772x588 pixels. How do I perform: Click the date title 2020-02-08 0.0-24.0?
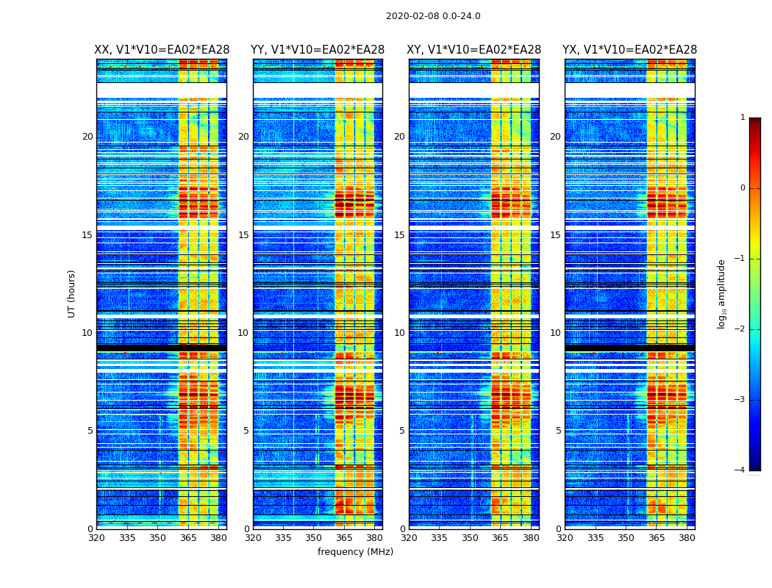click(x=433, y=16)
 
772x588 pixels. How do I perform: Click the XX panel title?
click(x=162, y=50)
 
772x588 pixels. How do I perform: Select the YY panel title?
click(x=318, y=50)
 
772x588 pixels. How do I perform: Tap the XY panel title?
click(x=473, y=50)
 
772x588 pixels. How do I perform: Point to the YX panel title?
click(x=629, y=50)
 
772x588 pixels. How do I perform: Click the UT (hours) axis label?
click(x=72, y=293)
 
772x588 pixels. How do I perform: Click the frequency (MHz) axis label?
click(x=355, y=552)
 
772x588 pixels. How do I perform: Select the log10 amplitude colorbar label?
click(x=722, y=293)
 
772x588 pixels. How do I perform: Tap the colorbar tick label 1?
click(x=743, y=118)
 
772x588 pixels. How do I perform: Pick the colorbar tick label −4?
click(x=740, y=470)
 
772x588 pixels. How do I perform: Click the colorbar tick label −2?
click(x=740, y=329)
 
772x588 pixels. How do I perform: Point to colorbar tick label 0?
click(x=743, y=188)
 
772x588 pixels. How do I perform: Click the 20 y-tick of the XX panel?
click(x=87, y=137)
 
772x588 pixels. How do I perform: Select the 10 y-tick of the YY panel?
click(x=243, y=333)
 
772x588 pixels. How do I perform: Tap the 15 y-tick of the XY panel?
click(x=399, y=235)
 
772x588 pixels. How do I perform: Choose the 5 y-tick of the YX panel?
click(x=558, y=431)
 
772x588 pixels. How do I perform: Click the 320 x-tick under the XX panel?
click(x=96, y=538)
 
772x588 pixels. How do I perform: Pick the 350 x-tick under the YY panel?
click(x=314, y=538)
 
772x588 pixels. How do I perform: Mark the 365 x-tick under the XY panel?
click(x=500, y=538)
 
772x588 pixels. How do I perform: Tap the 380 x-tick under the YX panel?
click(x=687, y=538)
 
